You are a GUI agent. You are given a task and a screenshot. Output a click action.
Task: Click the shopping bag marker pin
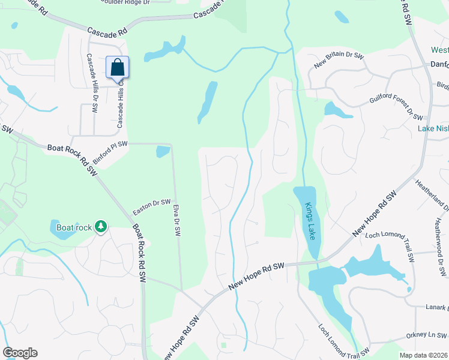118,67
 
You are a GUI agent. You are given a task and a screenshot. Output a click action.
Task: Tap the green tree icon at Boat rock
101,226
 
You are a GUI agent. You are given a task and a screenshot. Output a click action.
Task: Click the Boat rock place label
74,227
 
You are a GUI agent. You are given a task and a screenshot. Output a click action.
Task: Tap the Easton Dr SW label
152,208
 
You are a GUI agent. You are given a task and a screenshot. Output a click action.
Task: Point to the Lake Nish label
433,128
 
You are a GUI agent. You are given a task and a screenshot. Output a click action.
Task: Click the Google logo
20,353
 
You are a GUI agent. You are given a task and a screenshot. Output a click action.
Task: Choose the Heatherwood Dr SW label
440,240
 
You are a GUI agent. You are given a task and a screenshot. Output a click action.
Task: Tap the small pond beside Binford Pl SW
163,152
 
